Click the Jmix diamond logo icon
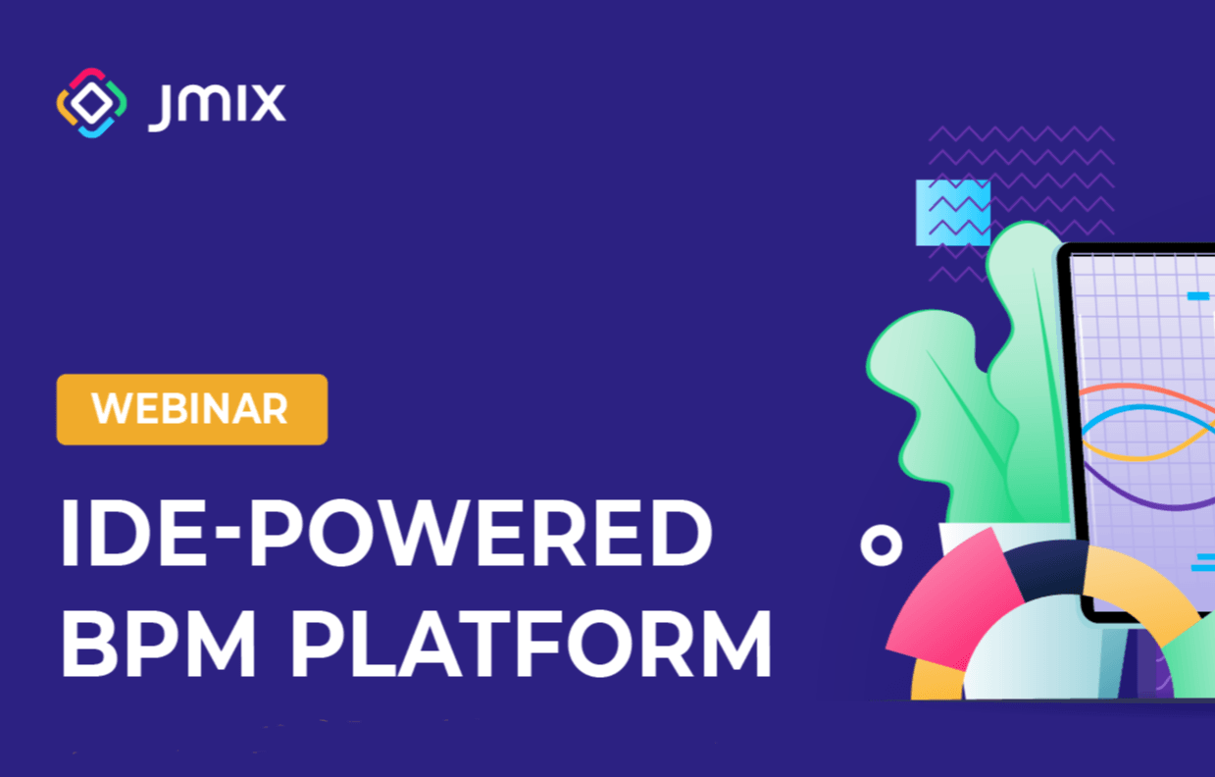point(91,103)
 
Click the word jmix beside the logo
point(217,107)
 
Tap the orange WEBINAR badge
point(192,410)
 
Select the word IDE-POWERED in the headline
point(386,533)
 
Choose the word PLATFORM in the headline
point(532,644)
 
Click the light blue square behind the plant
point(953,213)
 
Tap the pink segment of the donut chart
point(955,602)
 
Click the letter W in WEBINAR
point(112,408)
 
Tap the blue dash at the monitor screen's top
point(1197,295)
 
